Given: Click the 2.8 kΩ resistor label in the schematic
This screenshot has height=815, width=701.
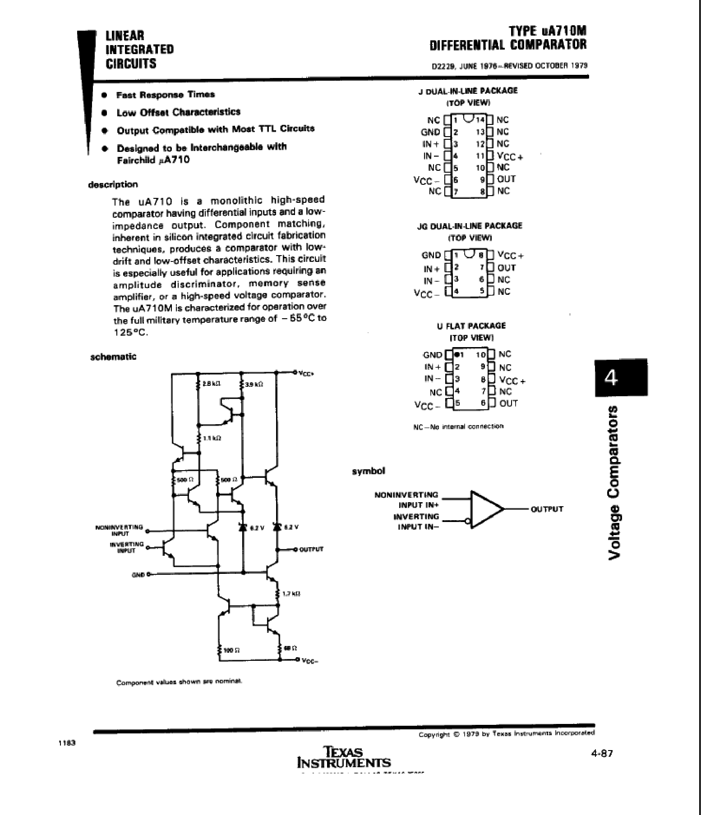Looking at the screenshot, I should (211, 384).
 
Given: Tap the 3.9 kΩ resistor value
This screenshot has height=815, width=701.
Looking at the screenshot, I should (254, 384).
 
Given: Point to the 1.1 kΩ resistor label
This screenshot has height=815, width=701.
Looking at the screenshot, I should (212, 438).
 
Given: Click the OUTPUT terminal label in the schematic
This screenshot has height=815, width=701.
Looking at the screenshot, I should (311, 549).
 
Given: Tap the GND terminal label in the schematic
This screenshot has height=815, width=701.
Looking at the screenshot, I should (138, 574).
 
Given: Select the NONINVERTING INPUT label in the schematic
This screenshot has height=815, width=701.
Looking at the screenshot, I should (120, 529).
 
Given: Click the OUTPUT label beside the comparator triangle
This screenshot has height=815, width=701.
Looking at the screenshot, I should (547, 509).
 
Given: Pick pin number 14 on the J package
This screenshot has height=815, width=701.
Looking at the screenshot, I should (480, 120).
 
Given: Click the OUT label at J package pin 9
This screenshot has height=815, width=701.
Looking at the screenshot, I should (506, 179).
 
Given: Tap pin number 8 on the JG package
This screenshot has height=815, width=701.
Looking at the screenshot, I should (481, 255).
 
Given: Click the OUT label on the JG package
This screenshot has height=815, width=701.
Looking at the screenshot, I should (506, 268).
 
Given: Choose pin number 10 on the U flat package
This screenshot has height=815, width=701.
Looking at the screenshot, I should (480, 354).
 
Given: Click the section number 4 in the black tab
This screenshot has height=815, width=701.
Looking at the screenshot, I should (621, 378).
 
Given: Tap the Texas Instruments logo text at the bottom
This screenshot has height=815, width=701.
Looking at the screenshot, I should (344, 757).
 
